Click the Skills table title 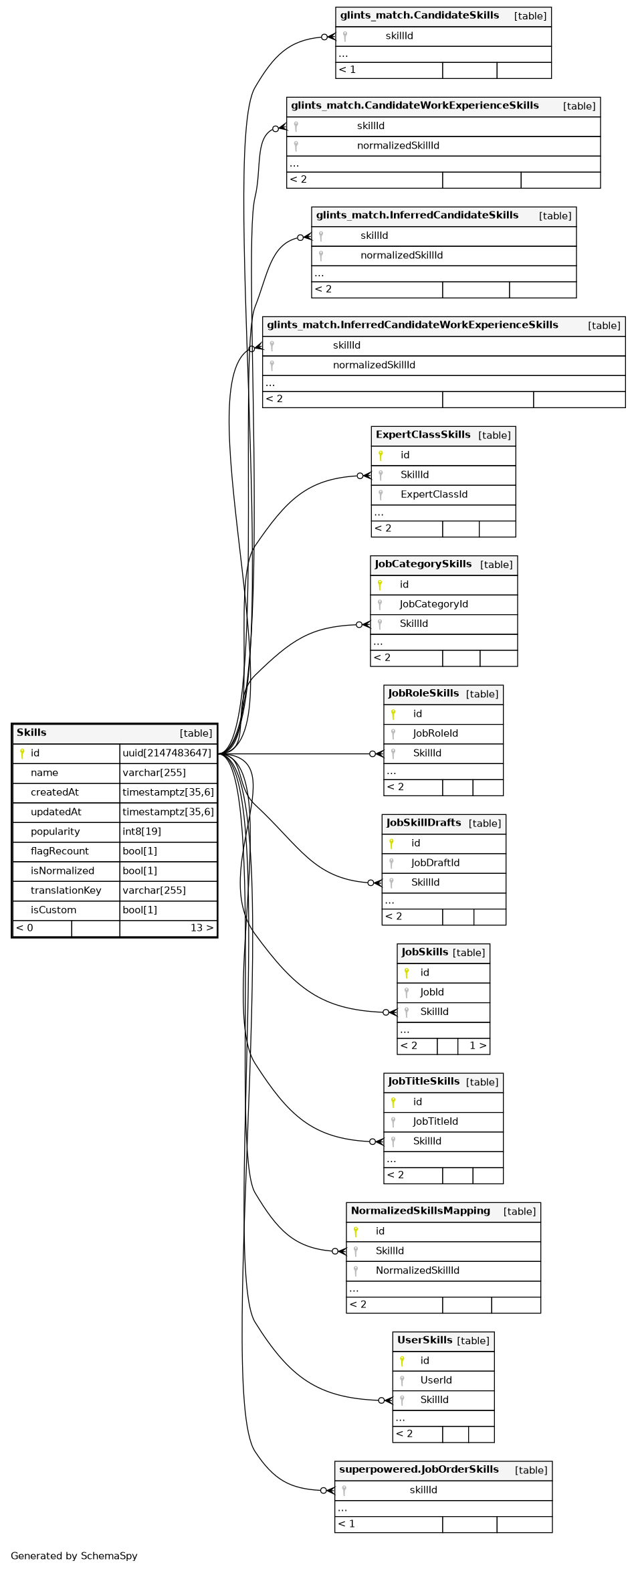pos(31,733)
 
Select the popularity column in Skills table pos(55,832)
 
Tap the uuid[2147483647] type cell pos(167,753)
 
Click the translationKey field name pos(66,891)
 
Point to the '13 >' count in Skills pos(201,928)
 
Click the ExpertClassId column pos(434,494)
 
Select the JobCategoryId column pos(433,604)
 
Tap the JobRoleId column pos(435,734)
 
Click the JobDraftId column pos(435,863)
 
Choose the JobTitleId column pos(435,1121)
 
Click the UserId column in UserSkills pos(436,1380)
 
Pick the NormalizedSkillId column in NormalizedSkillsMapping pos(417,1271)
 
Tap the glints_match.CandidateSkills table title pos(419,15)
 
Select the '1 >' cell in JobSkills pos(478,1046)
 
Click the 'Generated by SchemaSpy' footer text pos(74,1556)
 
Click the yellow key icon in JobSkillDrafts pos(391,844)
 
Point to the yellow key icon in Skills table pos(22,753)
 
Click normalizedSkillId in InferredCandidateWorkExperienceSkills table pos(374,365)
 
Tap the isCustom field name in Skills pos(54,910)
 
